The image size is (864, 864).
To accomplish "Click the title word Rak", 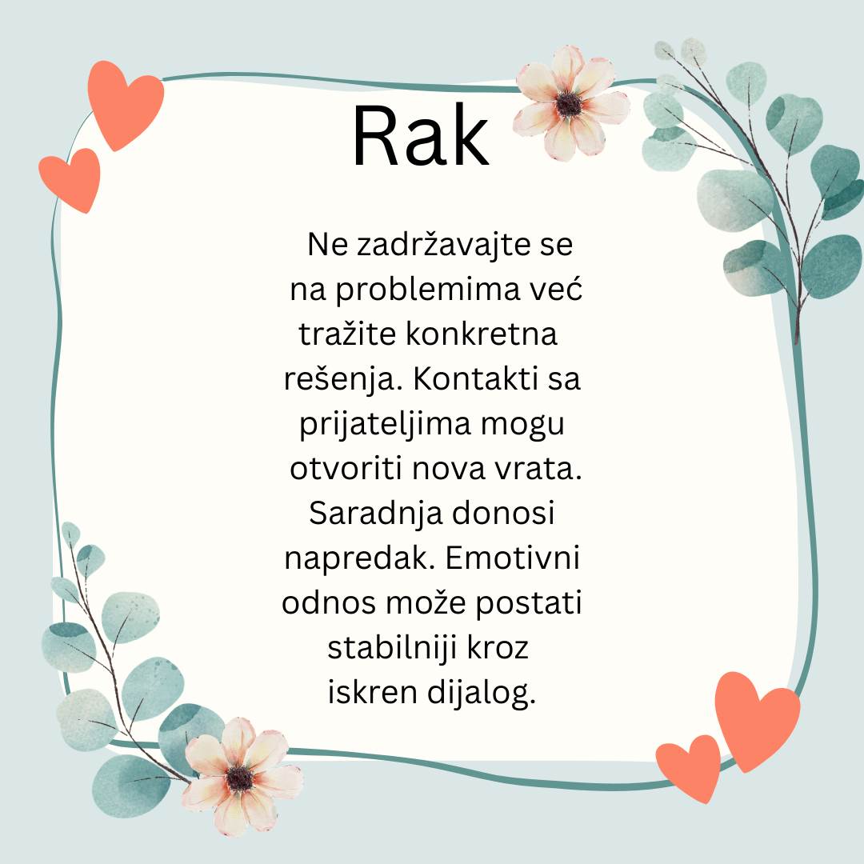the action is point(421,135).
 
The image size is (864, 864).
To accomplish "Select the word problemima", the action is point(427,290).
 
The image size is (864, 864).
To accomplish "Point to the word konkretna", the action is point(482,334).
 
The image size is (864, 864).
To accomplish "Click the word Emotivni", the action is point(512,558).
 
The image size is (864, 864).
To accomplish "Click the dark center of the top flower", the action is point(569,104).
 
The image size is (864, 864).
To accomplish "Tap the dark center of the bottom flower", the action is point(240,778).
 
